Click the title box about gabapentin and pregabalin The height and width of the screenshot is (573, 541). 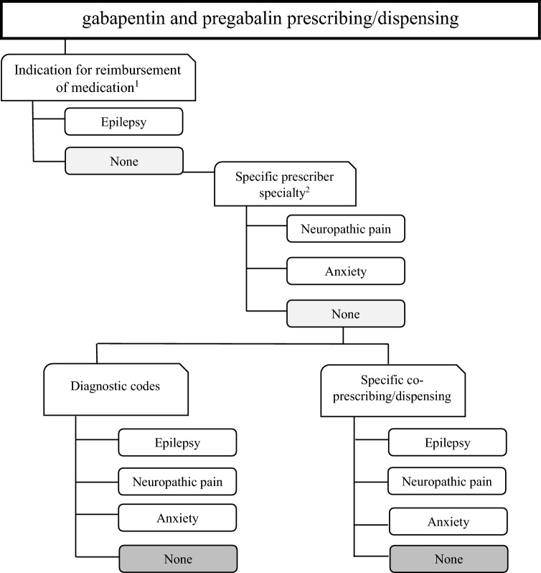click(270, 19)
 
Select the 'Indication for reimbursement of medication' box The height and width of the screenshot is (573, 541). click(98, 77)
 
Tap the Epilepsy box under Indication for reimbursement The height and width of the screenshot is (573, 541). click(123, 121)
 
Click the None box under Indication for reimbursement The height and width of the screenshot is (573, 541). click(123, 160)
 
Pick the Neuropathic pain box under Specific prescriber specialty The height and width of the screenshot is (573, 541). click(346, 231)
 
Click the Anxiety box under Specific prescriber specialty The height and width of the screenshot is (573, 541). click(346, 272)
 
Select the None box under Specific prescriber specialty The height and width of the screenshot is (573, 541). click(346, 313)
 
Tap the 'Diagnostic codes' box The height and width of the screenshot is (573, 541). click(115, 385)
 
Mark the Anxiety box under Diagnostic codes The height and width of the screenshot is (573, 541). click(177, 518)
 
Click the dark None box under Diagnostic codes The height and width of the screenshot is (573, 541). click(177, 558)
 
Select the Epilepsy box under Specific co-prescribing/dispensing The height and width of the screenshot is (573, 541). click(447, 442)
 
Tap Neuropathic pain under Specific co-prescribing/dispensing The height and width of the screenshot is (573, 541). click(447, 481)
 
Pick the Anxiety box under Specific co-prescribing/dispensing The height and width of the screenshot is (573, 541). click(447, 521)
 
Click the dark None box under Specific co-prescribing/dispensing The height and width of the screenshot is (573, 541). click(447, 558)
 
